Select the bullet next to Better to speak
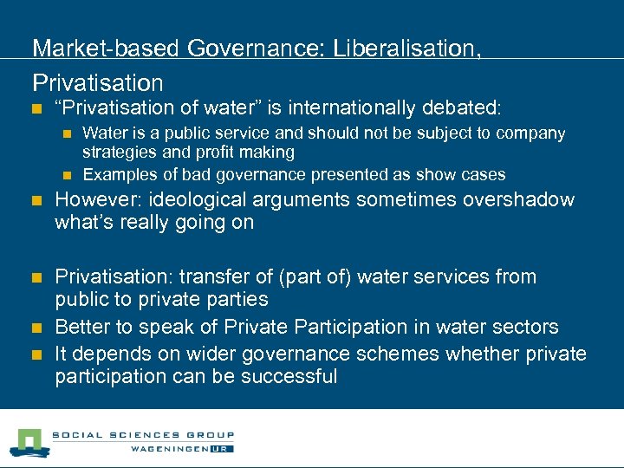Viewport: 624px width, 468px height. click(x=36, y=328)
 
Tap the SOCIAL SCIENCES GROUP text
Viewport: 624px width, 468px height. click(x=143, y=435)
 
